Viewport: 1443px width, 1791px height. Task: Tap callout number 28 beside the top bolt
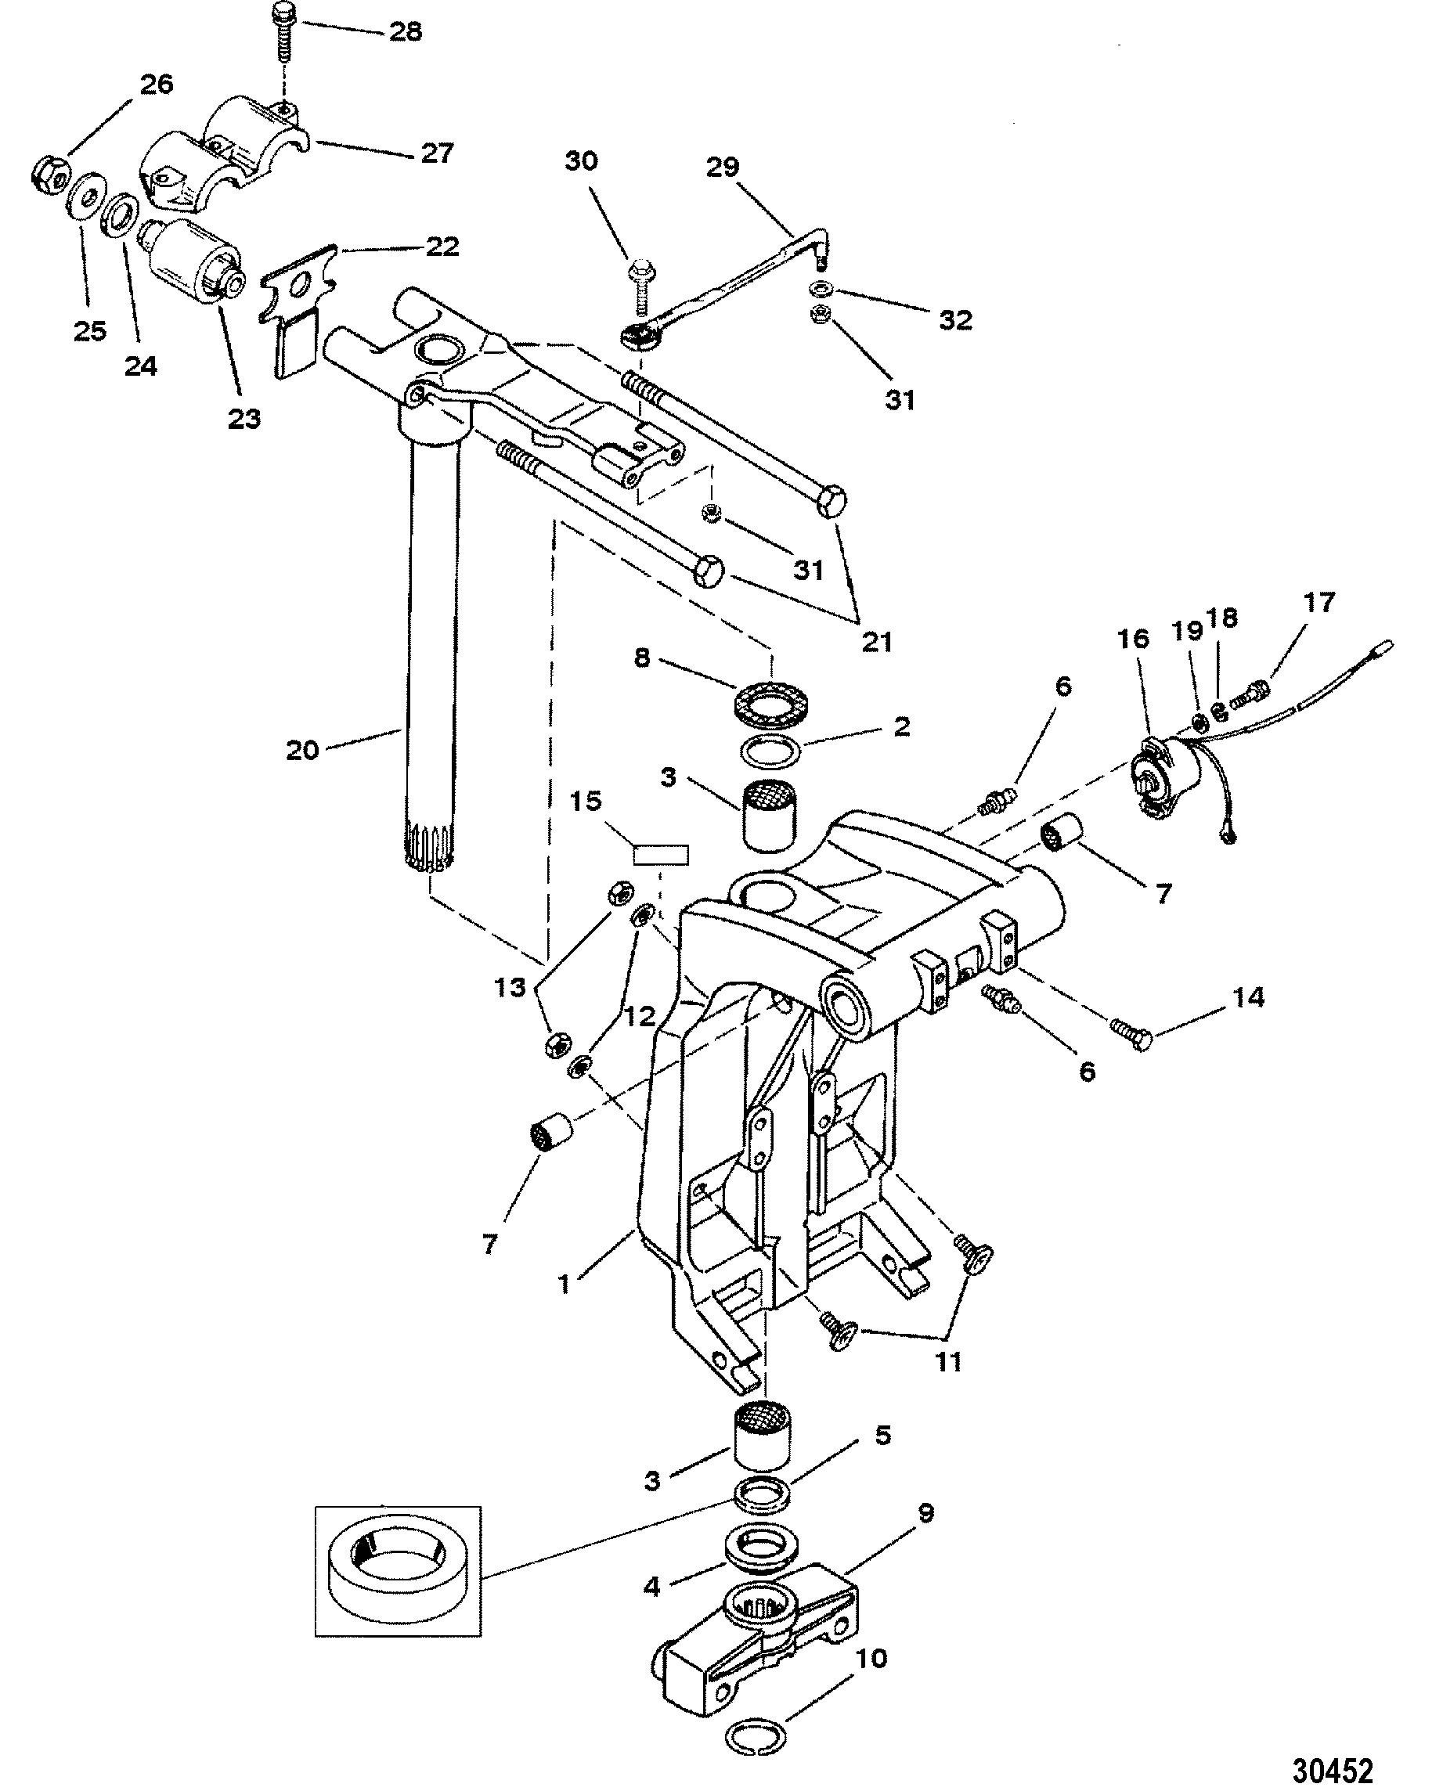pos(405,31)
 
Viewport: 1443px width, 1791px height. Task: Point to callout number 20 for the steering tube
pos(302,750)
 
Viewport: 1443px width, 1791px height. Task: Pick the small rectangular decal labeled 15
pos(661,854)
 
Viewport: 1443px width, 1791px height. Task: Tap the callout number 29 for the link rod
pos(723,166)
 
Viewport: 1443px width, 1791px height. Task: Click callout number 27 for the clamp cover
pos(436,153)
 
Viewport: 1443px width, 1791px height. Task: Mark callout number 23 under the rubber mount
pos(244,418)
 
